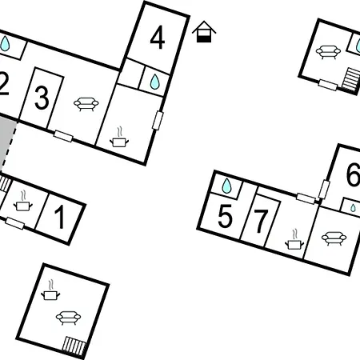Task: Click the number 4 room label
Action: tap(158, 38)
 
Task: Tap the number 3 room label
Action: tap(42, 98)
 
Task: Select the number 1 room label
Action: tap(61, 217)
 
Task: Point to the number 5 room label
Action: tap(225, 216)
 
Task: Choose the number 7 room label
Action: tap(261, 221)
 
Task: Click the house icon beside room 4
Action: tap(204, 31)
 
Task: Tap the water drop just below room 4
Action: tap(154, 82)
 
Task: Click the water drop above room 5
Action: tap(226, 186)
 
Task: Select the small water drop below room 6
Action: tap(353, 208)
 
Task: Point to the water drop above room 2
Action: tap(5, 43)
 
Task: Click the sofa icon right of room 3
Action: tap(86, 104)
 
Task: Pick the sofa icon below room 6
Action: tap(334, 238)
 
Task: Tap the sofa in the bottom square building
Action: tap(68, 318)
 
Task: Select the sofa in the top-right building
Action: tap(328, 52)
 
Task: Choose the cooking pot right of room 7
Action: tap(294, 239)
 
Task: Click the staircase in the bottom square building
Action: tap(74, 346)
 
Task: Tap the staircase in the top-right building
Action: tap(351, 79)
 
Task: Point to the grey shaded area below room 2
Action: tap(6, 138)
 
